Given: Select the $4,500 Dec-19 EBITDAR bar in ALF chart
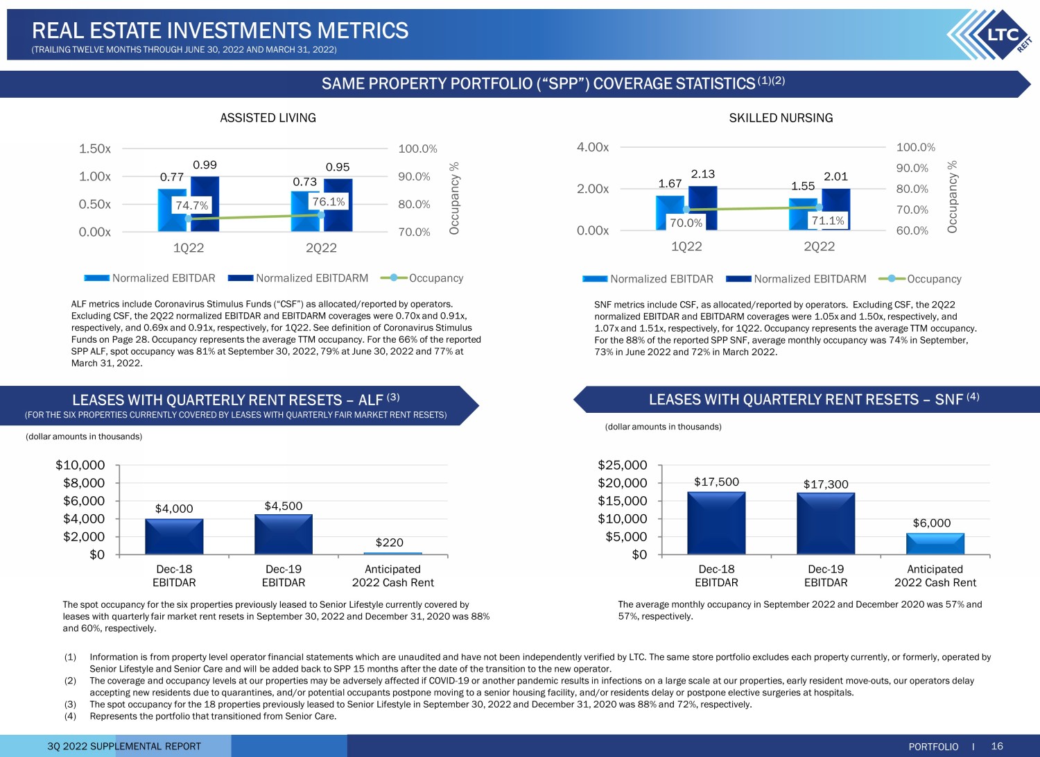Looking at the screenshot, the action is [283, 534].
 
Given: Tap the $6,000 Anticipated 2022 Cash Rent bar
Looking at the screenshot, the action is [935, 544].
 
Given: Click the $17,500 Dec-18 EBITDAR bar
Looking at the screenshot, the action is [716, 522].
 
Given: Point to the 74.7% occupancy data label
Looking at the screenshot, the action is [192, 205].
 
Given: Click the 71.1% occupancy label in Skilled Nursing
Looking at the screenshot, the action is [828, 221].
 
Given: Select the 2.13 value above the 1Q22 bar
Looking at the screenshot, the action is [703, 174].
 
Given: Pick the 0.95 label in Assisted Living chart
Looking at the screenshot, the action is [338, 167].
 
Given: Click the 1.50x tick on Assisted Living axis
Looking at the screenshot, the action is [95, 148].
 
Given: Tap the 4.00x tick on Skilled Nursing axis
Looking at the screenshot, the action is [592, 147].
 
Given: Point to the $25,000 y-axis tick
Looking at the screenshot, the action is [622, 465].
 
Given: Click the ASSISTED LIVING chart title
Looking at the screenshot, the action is [268, 118].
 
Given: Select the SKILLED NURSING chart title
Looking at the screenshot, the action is [781, 118].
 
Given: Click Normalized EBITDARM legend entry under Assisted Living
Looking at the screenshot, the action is [298, 278].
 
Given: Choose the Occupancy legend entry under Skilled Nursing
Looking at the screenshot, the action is [920, 279].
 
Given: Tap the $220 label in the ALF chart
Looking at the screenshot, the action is [389, 543].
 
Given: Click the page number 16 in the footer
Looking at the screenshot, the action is [997, 746].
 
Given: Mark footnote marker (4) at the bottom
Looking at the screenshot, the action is [70, 716].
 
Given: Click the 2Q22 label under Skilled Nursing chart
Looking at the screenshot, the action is [819, 246].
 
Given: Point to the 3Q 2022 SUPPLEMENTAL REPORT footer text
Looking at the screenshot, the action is [124, 747].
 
